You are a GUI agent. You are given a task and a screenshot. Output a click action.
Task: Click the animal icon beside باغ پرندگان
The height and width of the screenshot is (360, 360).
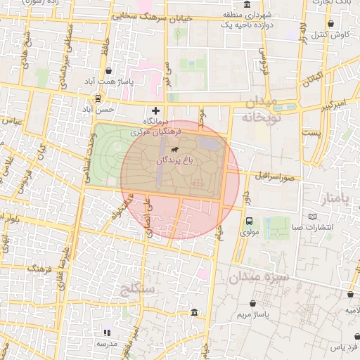click(x=173, y=150)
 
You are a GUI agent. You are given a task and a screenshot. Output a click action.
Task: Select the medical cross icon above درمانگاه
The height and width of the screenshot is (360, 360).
click(x=155, y=111)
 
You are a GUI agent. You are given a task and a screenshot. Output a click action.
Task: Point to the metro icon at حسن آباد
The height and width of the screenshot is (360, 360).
click(x=99, y=98)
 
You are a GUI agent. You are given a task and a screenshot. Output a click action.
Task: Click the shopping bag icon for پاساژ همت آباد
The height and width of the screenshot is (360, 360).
click(x=108, y=71)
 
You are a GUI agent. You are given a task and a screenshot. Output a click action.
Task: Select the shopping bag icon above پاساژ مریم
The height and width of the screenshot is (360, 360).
click(x=252, y=303)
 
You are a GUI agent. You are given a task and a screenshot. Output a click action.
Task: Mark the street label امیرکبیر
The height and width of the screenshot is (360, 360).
click(x=330, y=106)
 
